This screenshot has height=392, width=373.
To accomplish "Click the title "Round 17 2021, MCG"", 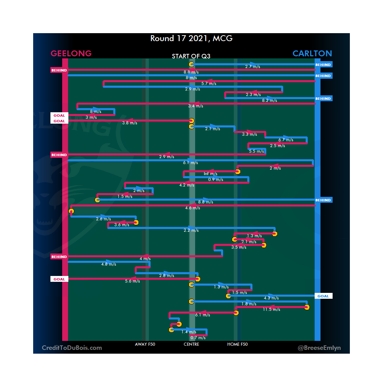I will pos(191,38).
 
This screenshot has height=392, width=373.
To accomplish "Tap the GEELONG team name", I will pos(71,54).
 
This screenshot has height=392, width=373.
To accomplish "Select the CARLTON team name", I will pos(312,54).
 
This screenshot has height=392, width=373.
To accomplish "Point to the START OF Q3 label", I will pos(191,56).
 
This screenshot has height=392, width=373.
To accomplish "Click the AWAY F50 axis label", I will pos(145,344).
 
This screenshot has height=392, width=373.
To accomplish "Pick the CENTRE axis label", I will pos(191,344).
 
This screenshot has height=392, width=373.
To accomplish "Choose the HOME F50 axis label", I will pos(237,344).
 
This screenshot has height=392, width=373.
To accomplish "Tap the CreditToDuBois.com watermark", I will pos(72,348).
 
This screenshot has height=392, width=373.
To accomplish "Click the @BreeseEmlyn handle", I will pos(319,348).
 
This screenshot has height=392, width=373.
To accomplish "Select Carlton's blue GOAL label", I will pos(323,296).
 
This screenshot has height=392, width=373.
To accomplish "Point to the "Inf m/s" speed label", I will pos(210,174).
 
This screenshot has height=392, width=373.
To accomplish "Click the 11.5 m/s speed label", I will pos(271,309).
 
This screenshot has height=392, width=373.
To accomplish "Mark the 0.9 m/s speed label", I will pos(216,180).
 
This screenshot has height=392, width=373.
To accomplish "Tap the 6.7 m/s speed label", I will pos(286,140).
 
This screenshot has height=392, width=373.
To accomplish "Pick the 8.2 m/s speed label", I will pos(269,101).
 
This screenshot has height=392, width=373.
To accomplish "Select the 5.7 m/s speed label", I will pos(209,84).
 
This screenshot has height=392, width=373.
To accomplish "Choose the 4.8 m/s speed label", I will pos(108,264).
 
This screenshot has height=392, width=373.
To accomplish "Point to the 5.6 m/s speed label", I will pos(132,281).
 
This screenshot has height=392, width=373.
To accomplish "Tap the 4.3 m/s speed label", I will pos(271,298).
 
